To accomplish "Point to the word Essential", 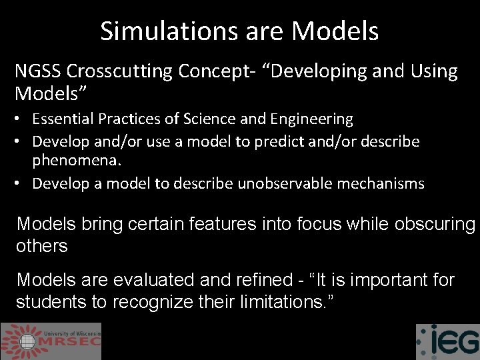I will tap(62, 119).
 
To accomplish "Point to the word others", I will tap(42, 246).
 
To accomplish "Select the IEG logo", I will tap(447, 342).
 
